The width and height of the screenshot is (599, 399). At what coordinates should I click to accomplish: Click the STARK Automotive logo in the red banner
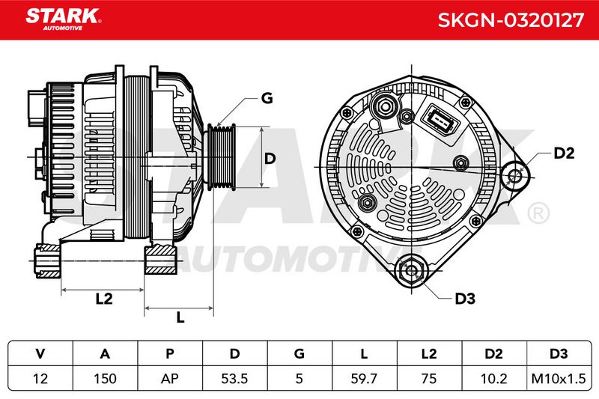[63, 19]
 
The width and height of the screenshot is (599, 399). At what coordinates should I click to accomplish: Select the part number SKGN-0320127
[511, 20]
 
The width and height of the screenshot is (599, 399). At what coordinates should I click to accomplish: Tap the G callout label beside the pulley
[267, 98]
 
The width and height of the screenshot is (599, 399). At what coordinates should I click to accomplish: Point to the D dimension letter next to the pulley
[270, 158]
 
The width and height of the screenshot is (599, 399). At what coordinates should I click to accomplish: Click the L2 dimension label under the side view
[104, 299]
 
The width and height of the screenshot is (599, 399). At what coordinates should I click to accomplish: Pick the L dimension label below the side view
[180, 317]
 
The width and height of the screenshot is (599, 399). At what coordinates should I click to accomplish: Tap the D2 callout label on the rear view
[564, 153]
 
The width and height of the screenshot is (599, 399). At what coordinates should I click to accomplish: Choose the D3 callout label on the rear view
[465, 299]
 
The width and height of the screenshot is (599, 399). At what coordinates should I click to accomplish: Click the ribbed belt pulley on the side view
[220, 157]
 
